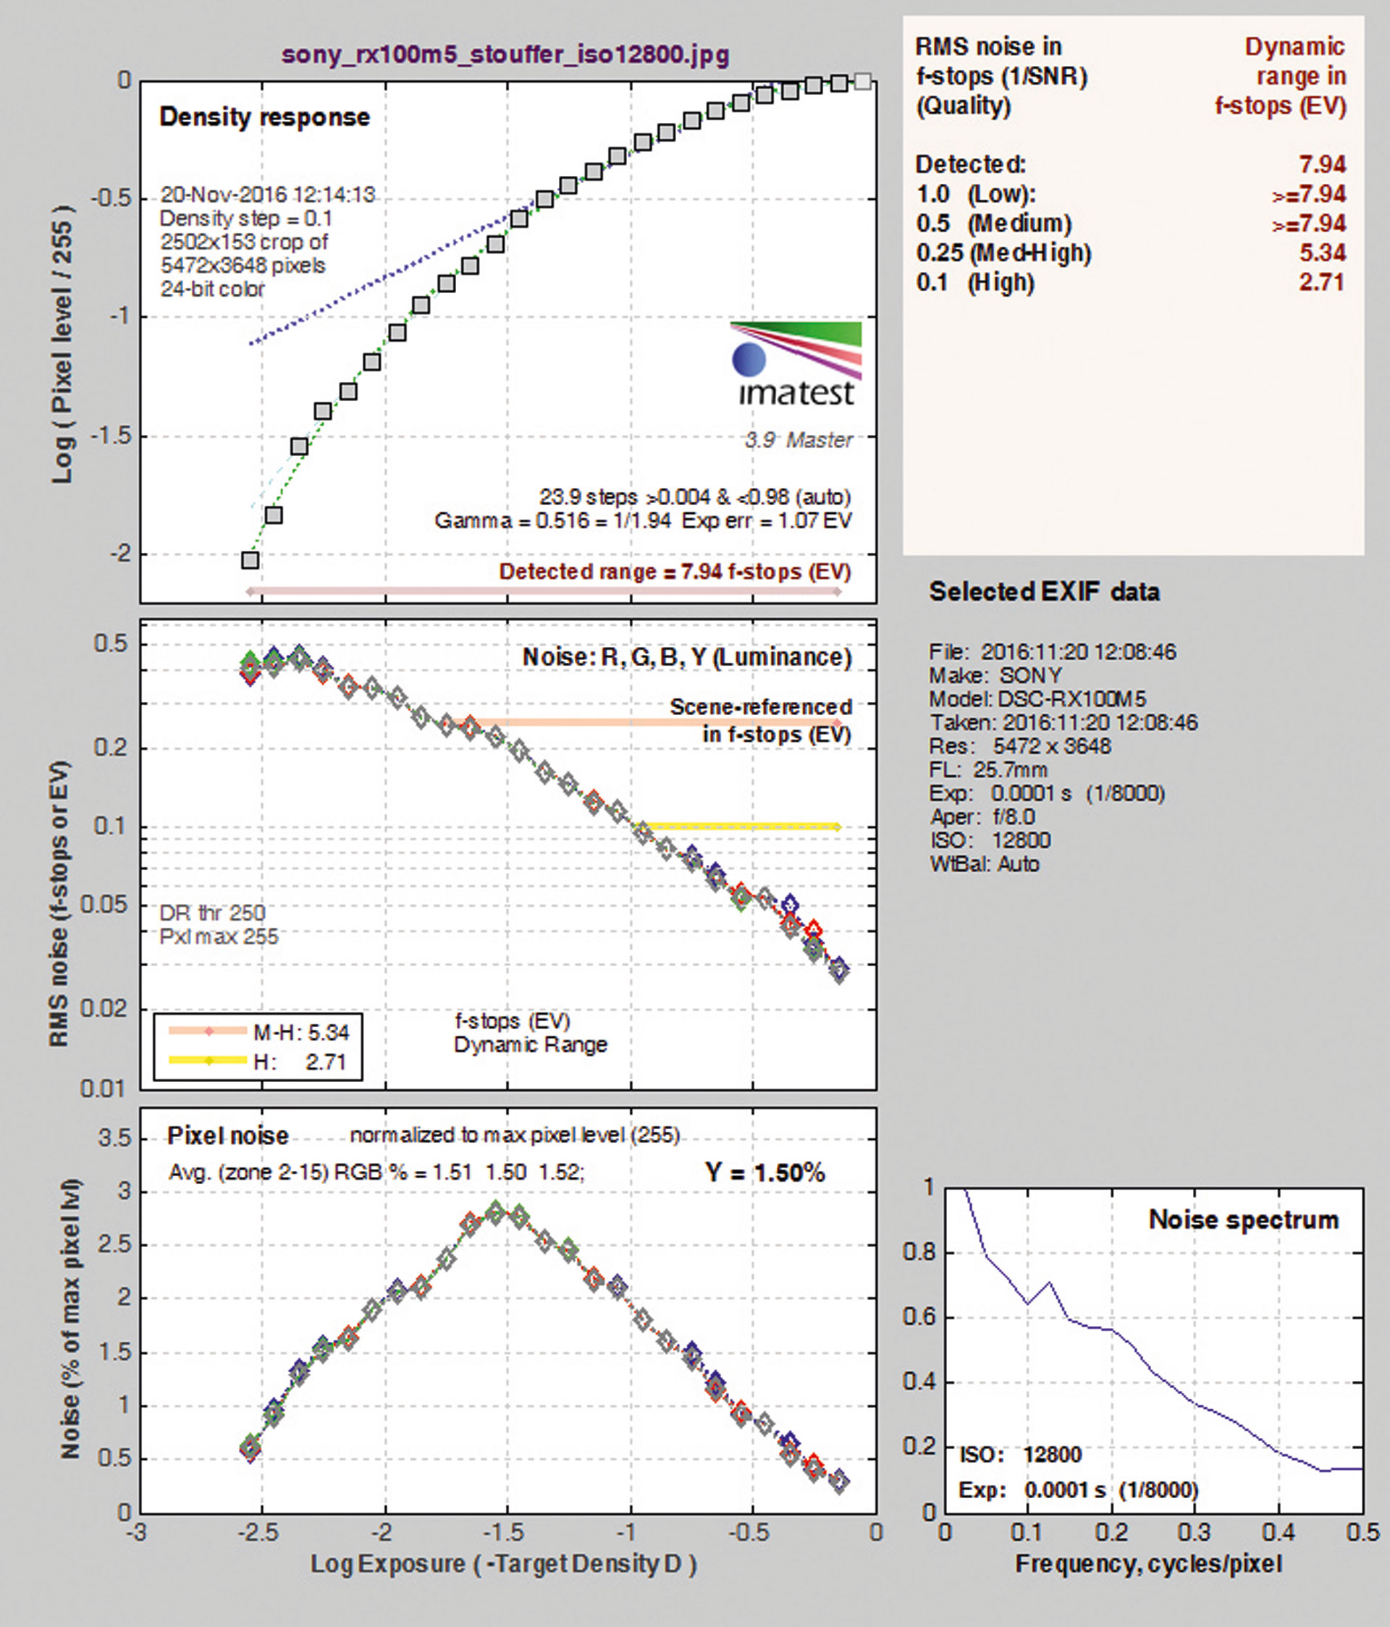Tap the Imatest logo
coord(796,365)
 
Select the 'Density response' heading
coord(265,117)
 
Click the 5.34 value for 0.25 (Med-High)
coord(1323,253)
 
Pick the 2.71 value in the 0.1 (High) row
coord(1323,282)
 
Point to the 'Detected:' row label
coord(971,165)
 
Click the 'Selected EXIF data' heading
coord(1045,591)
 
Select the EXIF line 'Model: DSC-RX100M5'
coord(1037,699)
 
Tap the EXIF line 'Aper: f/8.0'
coord(982,816)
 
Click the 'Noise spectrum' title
coord(1244,1220)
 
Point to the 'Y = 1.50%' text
coord(765,1173)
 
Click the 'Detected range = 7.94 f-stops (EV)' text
coord(675,572)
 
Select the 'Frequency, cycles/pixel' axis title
coord(1149,1564)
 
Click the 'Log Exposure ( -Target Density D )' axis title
coord(503,1564)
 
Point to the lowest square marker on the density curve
coord(250,560)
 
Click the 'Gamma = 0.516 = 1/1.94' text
coord(555,520)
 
